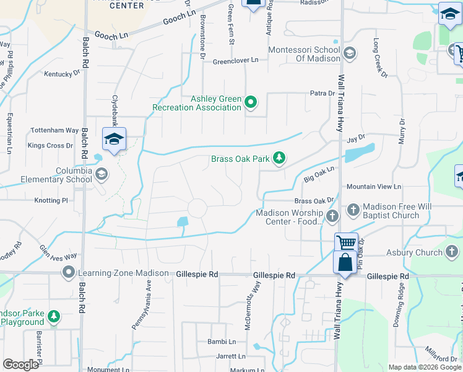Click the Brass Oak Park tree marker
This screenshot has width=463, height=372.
280,159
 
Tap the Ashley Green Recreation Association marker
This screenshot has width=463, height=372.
251,102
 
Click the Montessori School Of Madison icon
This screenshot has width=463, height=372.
350,53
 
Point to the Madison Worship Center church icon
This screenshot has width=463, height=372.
332,216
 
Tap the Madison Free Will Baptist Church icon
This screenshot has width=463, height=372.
353,210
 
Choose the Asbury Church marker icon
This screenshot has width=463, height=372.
452,252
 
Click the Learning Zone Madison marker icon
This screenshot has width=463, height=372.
68,273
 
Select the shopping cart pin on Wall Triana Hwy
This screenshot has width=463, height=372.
346,242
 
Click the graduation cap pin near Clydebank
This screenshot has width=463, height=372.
114,140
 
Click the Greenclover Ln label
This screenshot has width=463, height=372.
235,61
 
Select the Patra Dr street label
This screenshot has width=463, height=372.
322,94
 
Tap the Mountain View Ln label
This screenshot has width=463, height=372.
374,186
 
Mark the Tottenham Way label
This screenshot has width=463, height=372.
55,131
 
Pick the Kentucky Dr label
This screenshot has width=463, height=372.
63,73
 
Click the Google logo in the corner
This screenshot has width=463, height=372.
21,365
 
